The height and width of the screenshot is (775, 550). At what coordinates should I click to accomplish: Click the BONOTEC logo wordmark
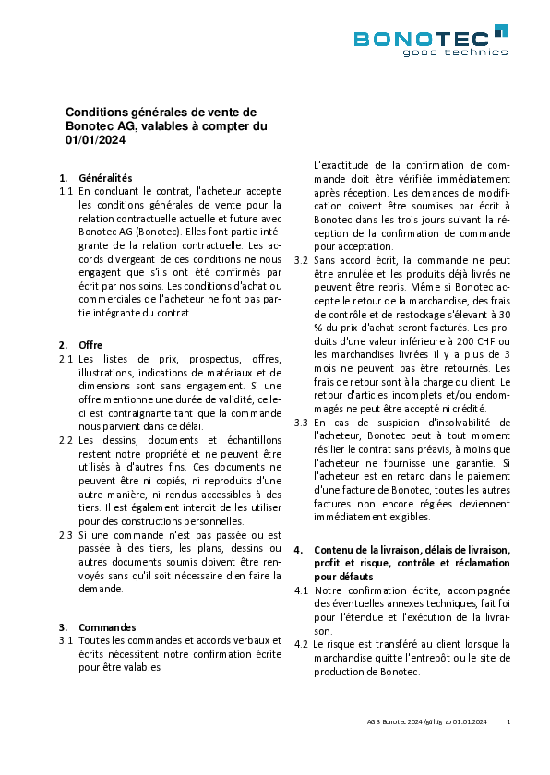[x=423, y=38]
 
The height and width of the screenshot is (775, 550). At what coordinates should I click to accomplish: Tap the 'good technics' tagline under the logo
[x=454, y=52]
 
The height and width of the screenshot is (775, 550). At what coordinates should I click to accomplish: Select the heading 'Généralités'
[x=106, y=178]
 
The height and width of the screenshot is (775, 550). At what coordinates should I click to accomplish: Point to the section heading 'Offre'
[x=91, y=344]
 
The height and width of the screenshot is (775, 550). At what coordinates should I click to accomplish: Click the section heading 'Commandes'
[x=107, y=626]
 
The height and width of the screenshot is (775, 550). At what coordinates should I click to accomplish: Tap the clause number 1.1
[x=66, y=191]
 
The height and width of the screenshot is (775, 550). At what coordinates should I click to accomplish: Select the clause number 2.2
[x=66, y=440]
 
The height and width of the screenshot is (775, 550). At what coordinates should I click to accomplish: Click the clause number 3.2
[x=301, y=260]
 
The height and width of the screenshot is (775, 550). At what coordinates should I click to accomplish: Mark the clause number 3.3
[x=301, y=423]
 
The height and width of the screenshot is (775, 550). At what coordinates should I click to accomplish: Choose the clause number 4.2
[x=301, y=644]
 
